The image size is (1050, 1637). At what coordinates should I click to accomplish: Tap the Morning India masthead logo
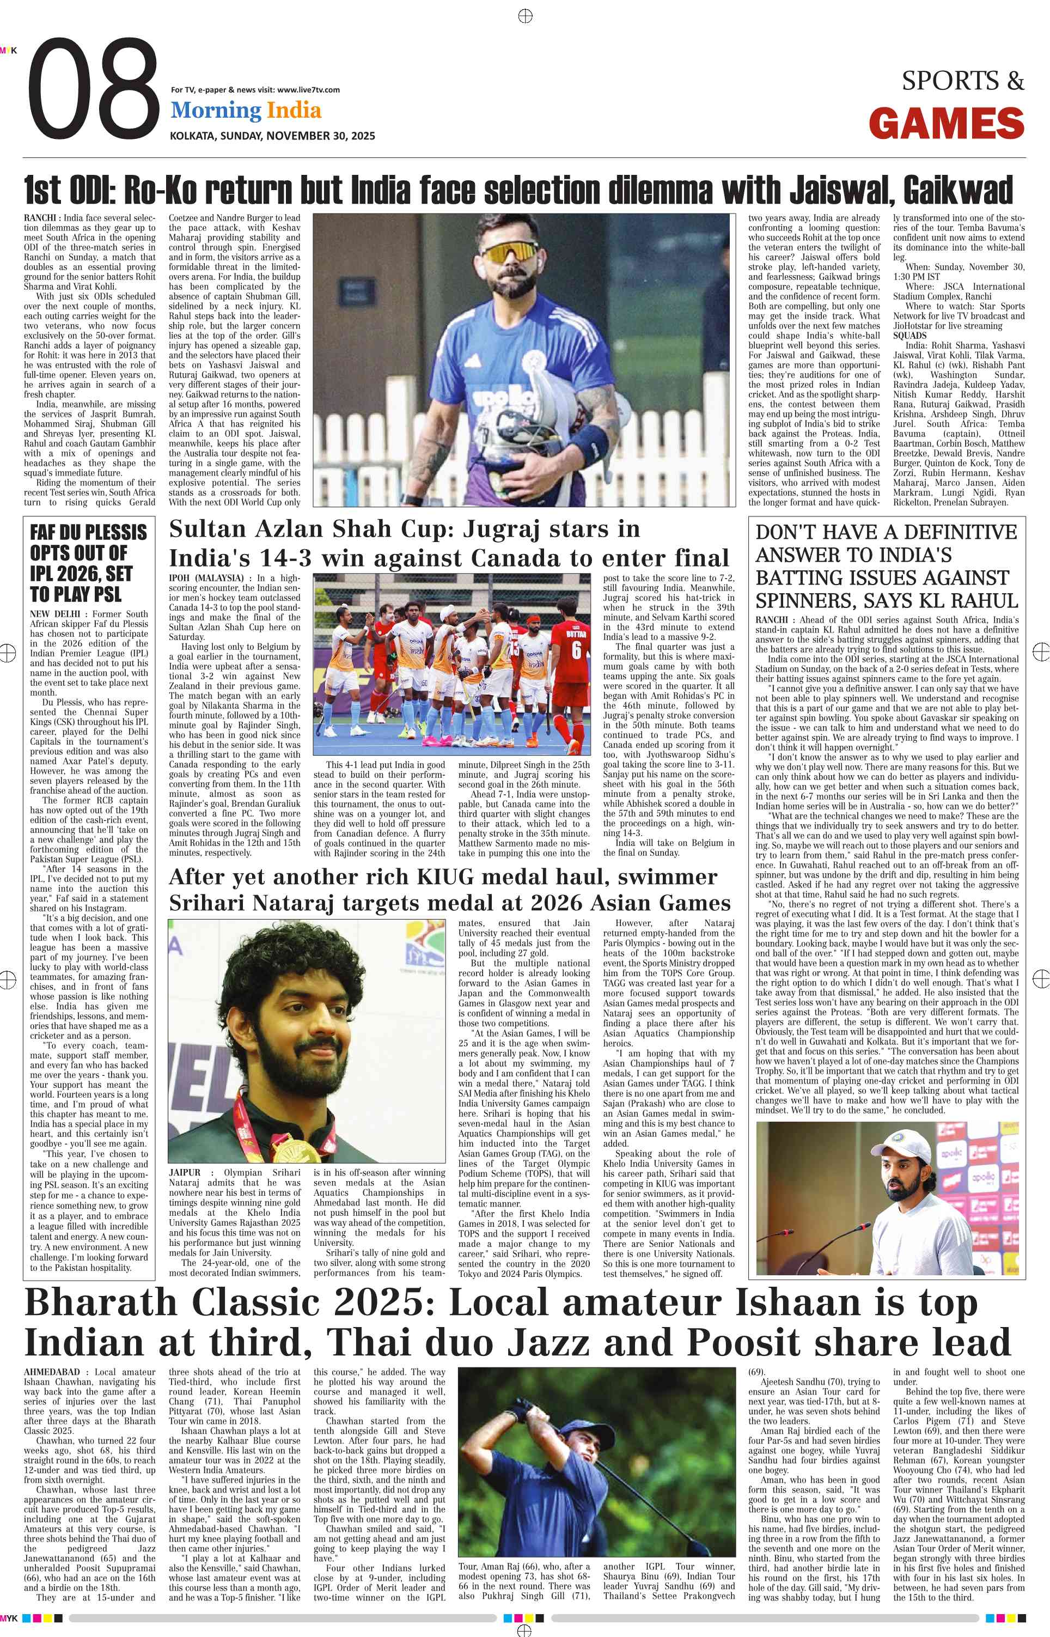point(246,111)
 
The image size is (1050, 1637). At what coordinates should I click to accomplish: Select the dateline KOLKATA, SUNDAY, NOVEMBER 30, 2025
point(272,136)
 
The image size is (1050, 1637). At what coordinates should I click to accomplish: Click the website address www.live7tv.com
point(308,89)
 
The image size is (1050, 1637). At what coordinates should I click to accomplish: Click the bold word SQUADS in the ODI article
point(909,336)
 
